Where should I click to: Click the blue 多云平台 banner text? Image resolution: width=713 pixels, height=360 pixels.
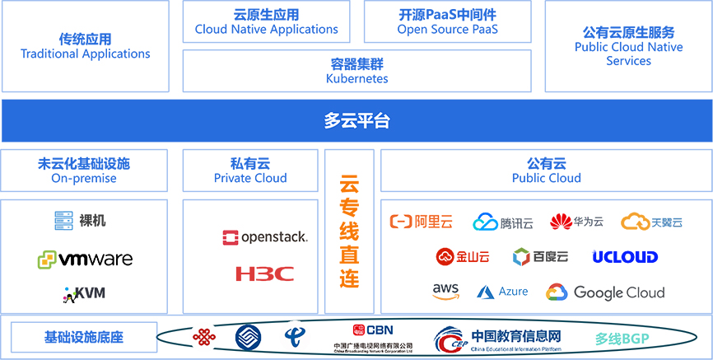coord(356,122)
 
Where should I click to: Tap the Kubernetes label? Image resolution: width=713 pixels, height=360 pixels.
coord(356,79)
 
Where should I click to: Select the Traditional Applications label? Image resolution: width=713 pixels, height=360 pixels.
coord(86,54)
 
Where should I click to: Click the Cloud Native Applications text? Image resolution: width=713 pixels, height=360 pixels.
coord(266,30)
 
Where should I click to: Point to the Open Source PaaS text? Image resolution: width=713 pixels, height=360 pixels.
coord(447,30)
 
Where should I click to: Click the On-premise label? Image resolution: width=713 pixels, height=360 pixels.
coord(84,178)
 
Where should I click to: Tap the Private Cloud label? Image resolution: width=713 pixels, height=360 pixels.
coord(250,178)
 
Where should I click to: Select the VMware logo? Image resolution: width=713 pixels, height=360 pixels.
coord(85,259)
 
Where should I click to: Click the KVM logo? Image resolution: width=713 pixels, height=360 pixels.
coord(84,292)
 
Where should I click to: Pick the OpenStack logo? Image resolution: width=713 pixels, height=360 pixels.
coord(264,238)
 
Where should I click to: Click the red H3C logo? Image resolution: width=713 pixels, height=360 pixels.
coord(264,274)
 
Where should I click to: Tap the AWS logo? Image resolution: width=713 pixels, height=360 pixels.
coord(445,291)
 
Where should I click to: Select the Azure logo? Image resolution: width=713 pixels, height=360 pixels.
coord(502,292)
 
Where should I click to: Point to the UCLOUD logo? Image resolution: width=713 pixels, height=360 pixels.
coord(625,257)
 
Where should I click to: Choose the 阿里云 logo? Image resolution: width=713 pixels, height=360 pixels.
coord(422,222)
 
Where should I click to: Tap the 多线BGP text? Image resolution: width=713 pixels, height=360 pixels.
coord(623,338)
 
